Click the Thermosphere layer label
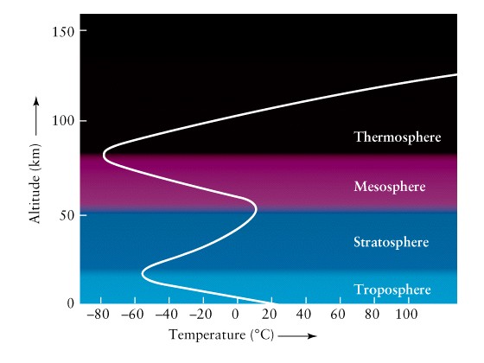point(398,137)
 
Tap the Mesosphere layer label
point(390,187)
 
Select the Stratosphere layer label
point(391,242)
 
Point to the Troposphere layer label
point(392,290)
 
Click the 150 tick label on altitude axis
point(63,32)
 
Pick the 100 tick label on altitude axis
point(63,121)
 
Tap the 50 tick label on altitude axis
point(67,215)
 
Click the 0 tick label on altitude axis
point(71,303)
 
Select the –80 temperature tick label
point(99,315)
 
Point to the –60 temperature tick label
point(132,315)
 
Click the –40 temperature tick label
point(166,315)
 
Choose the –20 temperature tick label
point(201,315)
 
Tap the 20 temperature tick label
point(270,315)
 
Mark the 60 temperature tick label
point(338,315)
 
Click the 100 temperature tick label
point(406,315)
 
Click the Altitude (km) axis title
point(35,183)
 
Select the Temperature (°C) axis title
point(221,335)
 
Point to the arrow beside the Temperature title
point(297,336)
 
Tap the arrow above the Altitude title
point(36,116)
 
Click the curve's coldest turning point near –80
point(104,155)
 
